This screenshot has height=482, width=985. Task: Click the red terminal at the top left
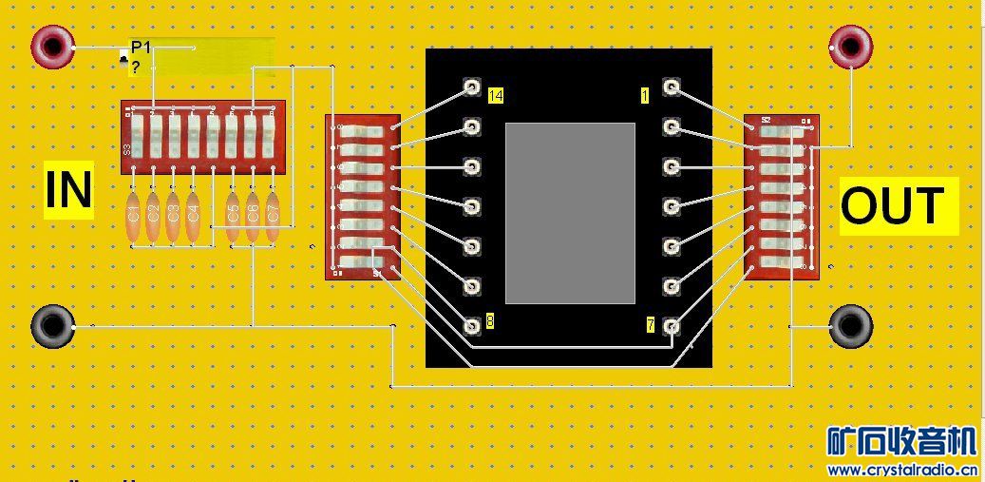coord(51,45)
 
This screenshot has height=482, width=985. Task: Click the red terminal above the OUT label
coord(849,46)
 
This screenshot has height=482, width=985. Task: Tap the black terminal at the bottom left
coord(52,326)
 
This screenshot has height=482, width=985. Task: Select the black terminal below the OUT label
coord(849,326)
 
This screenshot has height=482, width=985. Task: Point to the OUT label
coord(898,205)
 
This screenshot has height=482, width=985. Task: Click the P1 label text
coord(141,48)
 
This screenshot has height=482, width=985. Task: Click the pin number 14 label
coord(495,95)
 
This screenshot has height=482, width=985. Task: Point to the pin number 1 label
coord(645,95)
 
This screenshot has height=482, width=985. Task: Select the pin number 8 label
coord(489,321)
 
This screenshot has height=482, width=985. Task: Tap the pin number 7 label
coord(650,325)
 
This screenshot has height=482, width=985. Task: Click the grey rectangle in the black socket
coord(570,212)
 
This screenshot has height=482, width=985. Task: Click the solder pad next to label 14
coord(471,88)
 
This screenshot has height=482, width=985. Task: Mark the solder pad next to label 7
coord(671,326)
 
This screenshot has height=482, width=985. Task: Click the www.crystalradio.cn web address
coord(902,470)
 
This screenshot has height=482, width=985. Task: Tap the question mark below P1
coord(136,67)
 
